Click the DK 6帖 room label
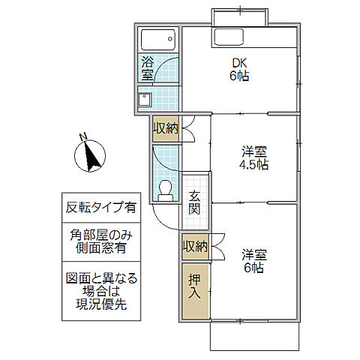(239, 69)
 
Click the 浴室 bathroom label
(147, 69)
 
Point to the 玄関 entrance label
(194, 202)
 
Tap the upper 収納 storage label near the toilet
(166, 128)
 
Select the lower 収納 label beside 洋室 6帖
(193, 246)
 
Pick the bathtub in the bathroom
(158, 39)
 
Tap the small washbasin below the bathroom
(144, 99)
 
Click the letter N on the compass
(84, 137)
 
